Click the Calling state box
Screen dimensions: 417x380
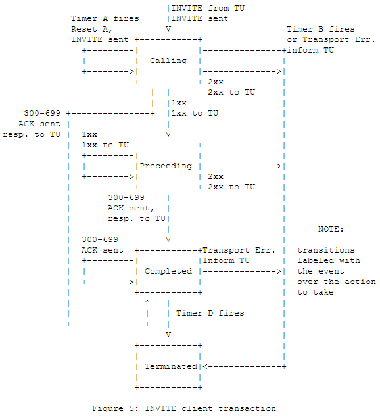pyautogui.click(x=168, y=61)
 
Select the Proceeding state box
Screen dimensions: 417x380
pyautogui.click(x=168, y=166)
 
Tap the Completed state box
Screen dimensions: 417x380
pyautogui.click(x=168, y=271)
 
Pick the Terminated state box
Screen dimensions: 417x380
pyautogui.click(x=168, y=366)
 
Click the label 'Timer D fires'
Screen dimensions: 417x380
pyautogui.click(x=210, y=313)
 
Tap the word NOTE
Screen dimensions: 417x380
pyautogui.click(x=331, y=229)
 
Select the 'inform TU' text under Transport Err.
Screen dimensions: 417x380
pyautogui.click(x=310, y=50)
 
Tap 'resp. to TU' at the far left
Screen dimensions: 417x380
pyautogui.click(x=32, y=134)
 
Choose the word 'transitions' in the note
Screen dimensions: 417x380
pyautogui.click(x=325, y=250)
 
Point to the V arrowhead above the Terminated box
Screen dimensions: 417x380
pyautogui.click(x=168, y=334)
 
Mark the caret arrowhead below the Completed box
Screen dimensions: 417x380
pyautogui.click(x=147, y=303)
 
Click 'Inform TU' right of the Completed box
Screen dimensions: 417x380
pyautogui.click(x=226, y=260)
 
